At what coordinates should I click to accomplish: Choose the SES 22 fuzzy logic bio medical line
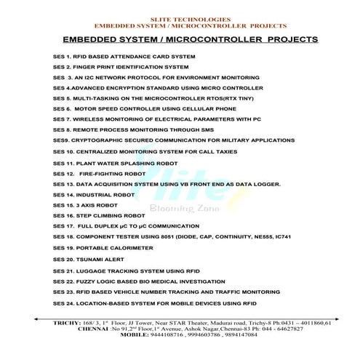click(x=142, y=281)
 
